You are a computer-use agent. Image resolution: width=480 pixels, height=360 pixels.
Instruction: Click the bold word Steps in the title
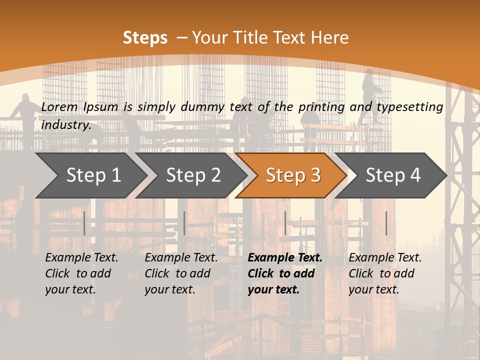click(x=145, y=38)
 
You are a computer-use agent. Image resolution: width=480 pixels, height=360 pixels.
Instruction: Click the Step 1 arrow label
click(x=93, y=175)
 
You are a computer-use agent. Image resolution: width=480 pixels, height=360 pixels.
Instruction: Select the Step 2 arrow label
click(x=193, y=175)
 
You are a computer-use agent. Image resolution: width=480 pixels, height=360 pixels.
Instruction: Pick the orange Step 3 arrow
click(x=293, y=175)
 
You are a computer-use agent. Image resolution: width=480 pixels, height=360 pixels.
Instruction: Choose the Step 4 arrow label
click(x=393, y=175)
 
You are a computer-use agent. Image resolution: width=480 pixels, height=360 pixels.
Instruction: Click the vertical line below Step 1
click(x=84, y=223)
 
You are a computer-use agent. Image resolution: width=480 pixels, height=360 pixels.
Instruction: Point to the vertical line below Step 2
click(x=184, y=223)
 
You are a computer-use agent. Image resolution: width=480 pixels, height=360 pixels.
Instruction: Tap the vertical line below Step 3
click(x=285, y=223)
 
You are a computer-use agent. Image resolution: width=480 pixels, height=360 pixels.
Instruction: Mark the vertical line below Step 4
click(x=386, y=223)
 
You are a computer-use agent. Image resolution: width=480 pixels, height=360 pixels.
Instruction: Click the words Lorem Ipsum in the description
click(x=79, y=106)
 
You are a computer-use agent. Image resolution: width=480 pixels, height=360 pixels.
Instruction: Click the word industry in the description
click(x=66, y=125)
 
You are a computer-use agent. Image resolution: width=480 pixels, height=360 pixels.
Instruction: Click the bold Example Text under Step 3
click(x=285, y=258)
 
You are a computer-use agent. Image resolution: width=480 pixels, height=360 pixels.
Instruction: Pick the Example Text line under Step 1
click(x=81, y=258)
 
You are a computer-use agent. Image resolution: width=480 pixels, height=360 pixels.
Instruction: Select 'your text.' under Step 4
click(x=373, y=289)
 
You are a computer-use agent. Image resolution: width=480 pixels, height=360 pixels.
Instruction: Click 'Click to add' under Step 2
click(x=177, y=273)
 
